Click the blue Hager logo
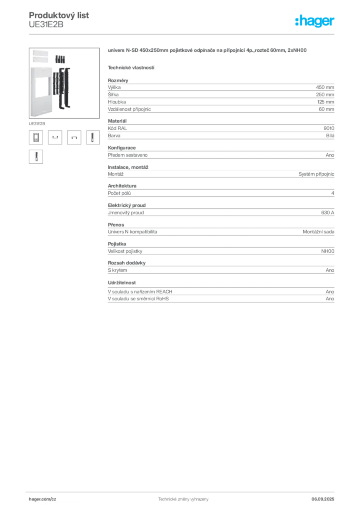pyautogui.click(x=316, y=22)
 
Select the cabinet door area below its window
pyautogui.click(x=42, y=107)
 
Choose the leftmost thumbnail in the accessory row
pyautogui.click(x=35, y=138)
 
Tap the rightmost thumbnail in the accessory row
pyautogui.click(x=91, y=138)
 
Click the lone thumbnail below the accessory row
pyautogui.click(x=35, y=157)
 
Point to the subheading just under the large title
pyautogui.click(x=131, y=67)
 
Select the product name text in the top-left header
pyautogui.click(x=60, y=15)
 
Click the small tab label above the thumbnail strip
pyautogui.click(x=37, y=123)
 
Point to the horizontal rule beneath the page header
pyautogui.click(x=183, y=34)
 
